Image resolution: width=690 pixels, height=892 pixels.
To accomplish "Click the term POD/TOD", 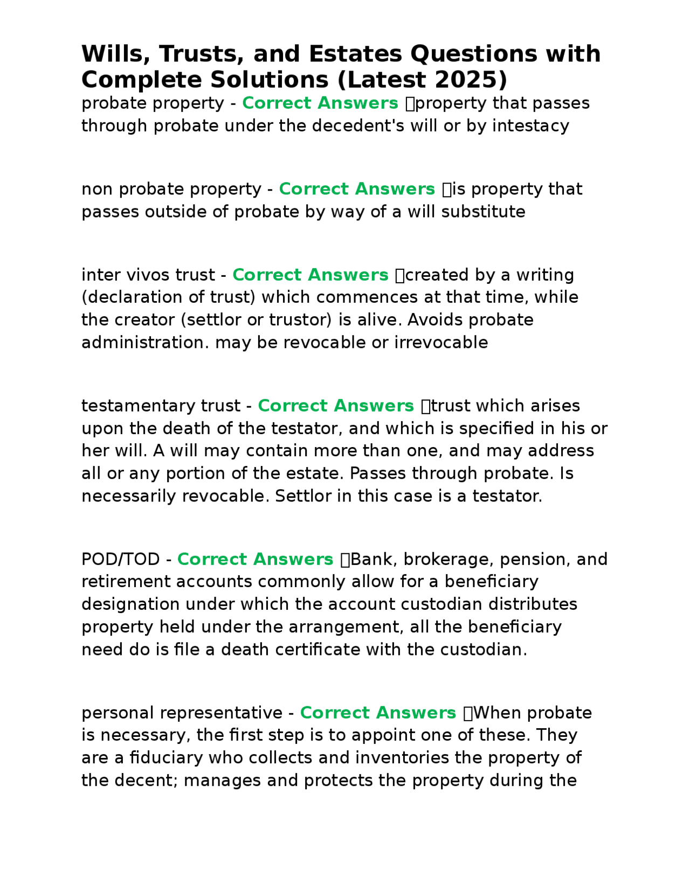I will click(120, 559).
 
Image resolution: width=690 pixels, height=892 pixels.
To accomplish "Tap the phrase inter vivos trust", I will click(148, 275).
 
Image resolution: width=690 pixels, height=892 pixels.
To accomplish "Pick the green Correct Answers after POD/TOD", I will click(255, 559).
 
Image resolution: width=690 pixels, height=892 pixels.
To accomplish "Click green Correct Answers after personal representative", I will click(378, 713).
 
